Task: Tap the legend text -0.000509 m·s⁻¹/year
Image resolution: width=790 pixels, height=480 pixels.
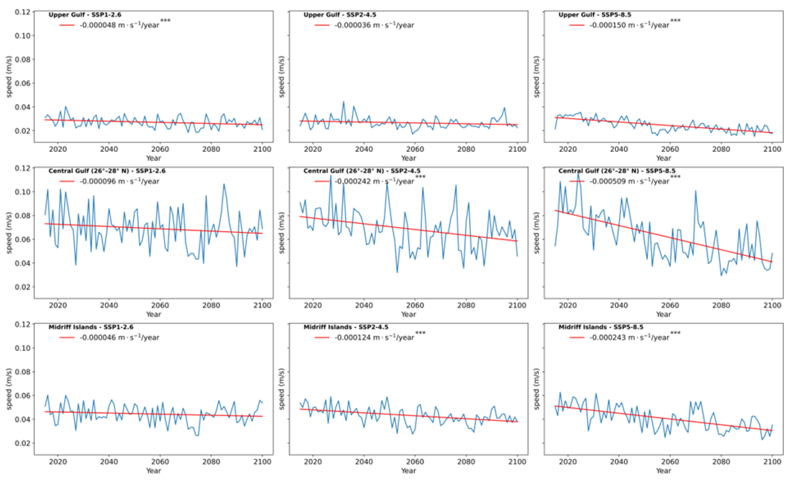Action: point(629,181)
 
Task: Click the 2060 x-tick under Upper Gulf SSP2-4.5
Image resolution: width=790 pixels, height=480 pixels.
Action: point(415,149)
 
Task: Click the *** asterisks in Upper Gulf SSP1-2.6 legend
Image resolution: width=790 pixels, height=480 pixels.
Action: point(165,21)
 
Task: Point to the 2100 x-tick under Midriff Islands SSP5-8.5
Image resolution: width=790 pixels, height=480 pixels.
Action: point(772,462)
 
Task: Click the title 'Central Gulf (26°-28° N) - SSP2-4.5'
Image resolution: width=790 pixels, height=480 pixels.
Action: point(362,171)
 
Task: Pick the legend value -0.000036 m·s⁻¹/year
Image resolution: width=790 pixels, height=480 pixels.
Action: point(374,25)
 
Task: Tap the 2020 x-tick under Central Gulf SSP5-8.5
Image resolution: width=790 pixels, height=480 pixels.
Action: point(568,306)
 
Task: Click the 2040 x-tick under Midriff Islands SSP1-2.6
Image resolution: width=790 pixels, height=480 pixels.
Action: point(109,462)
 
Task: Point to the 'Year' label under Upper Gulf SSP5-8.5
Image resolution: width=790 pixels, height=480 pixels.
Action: point(663,158)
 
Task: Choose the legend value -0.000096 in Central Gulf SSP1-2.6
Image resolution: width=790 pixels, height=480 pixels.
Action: point(98,181)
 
